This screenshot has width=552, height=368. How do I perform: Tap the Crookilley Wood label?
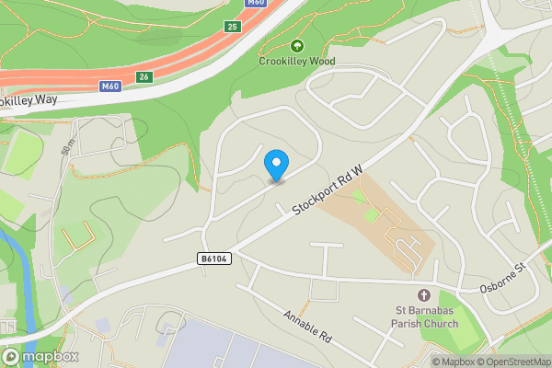(296, 62)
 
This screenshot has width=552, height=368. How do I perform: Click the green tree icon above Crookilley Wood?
(296, 46)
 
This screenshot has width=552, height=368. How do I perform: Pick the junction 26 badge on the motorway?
(144, 77)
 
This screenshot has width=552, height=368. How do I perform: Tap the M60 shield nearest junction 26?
(110, 86)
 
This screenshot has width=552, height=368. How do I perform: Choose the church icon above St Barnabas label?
(423, 295)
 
